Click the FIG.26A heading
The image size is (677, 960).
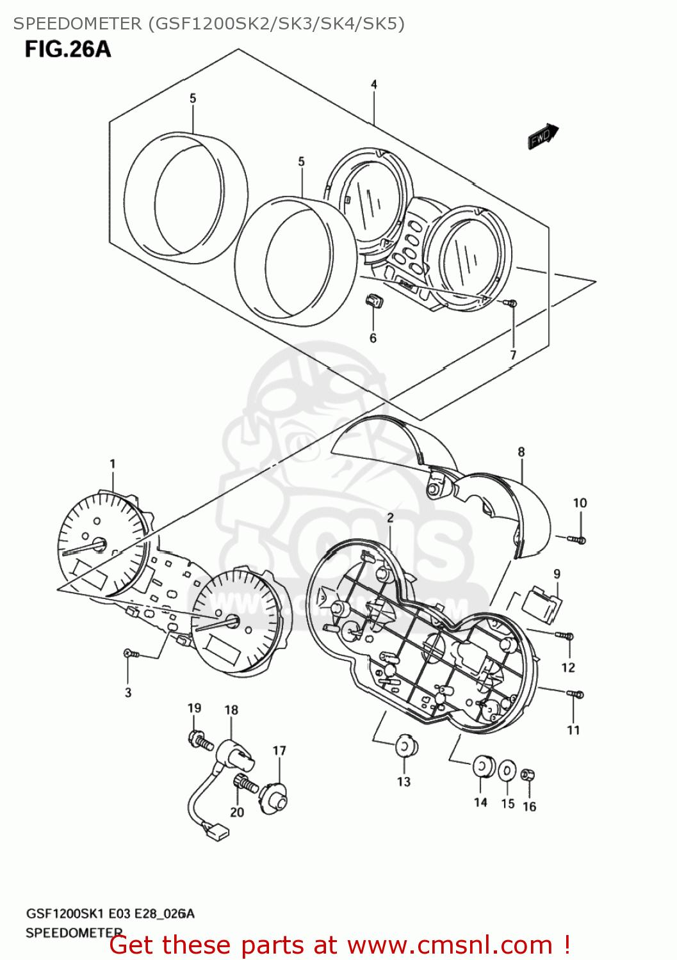(68, 49)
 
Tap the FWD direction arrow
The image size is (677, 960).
(543, 136)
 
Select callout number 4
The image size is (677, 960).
(374, 84)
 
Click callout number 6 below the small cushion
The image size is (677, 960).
(373, 338)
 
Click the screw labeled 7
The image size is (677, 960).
(511, 303)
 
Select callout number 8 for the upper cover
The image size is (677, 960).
(521, 452)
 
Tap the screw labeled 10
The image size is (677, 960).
(578, 540)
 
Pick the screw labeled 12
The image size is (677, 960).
(566, 636)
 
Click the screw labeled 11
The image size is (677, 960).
(575, 694)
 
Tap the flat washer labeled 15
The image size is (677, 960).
(507, 771)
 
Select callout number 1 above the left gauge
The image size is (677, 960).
(113, 464)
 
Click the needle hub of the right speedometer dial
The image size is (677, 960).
(231, 620)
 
